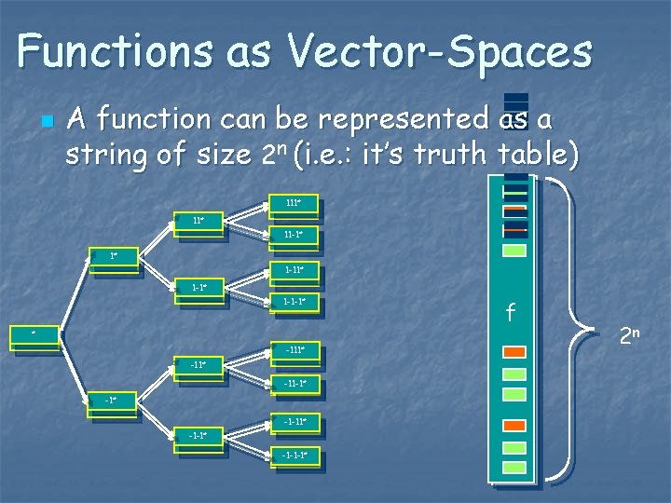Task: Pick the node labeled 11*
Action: (x=199, y=223)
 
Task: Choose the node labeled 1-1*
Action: (x=199, y=289)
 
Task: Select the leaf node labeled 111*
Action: (x=293, y=204)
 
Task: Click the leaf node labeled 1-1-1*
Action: (x=293, y=303)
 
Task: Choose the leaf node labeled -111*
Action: (x=293, y=352)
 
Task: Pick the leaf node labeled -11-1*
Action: (x=293, y=384)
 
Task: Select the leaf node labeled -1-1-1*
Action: (x=293, y=455)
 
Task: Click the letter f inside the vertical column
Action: (x=511, y=314)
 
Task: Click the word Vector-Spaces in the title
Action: (x=438, y=51)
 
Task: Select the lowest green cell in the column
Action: (x=514, y=468)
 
